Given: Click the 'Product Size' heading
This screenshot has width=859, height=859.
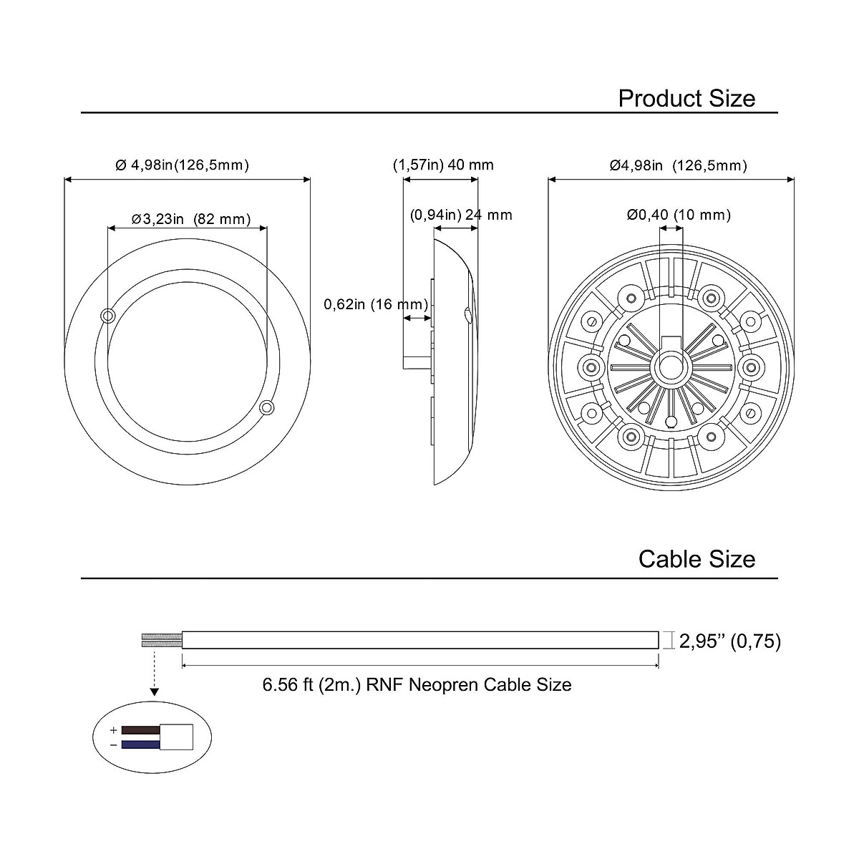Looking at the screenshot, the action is [x=686, y=99].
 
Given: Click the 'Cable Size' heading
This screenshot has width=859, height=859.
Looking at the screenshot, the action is [x=697, y=559].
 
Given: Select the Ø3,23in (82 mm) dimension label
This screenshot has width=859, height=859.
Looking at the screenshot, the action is [x=191, y=219].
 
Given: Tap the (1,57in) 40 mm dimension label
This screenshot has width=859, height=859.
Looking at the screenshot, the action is [x=443, y=165].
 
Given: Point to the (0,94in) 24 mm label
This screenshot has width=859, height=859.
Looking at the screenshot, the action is [x=461, y=215].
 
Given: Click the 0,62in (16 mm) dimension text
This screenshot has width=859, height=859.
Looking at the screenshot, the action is [x=376, y=304].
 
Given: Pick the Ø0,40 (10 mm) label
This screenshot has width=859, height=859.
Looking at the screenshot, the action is [x=679, y=215].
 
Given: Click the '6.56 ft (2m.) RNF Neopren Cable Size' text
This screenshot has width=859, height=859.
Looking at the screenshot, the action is [x=417, y=685].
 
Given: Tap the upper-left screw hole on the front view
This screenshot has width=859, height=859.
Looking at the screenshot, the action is [x=108, y=316].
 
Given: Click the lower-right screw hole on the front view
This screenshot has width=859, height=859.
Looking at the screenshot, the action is [x=266, y=407].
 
